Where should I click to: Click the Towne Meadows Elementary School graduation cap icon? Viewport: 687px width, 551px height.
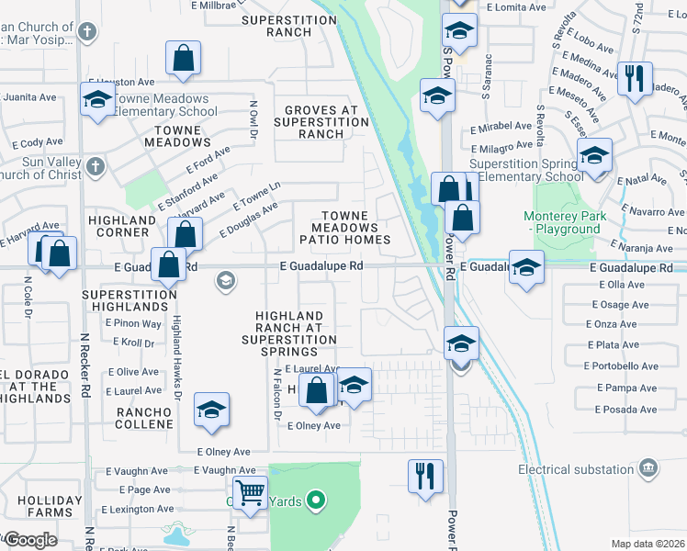(96, 100)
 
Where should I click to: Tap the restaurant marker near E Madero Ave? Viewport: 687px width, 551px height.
(634, 78)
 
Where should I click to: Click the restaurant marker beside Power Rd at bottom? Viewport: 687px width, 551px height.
(425, 476)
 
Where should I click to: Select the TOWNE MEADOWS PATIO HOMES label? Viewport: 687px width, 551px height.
(345, 228)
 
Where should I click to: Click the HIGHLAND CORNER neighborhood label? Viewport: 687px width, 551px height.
(122, 227)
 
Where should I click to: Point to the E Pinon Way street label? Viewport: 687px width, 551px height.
(133, 323)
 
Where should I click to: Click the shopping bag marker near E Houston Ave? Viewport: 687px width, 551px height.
(184, 59)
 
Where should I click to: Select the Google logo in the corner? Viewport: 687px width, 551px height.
(30, 540)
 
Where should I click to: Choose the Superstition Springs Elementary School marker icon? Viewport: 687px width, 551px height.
(595, 157)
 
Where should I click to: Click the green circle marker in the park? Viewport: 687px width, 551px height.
(316, 500)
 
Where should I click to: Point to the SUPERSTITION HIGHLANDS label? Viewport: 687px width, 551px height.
(129, 301)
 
